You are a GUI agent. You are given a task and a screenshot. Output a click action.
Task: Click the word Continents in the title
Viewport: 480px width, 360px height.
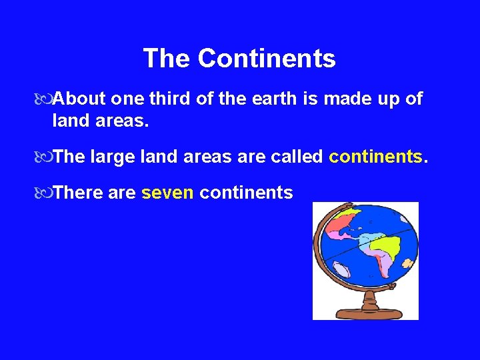[x=267, y=59]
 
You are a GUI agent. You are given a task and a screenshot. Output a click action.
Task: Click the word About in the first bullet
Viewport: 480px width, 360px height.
[x=79, y=99]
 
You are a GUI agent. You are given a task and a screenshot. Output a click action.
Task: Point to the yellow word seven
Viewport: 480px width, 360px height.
[x=167, y=193]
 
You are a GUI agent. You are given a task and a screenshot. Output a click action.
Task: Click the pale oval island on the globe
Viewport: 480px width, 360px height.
[x=342, y=270]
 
